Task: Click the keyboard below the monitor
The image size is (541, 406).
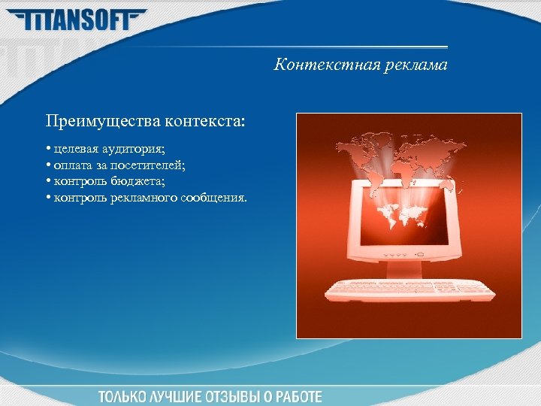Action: click(410, 289)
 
